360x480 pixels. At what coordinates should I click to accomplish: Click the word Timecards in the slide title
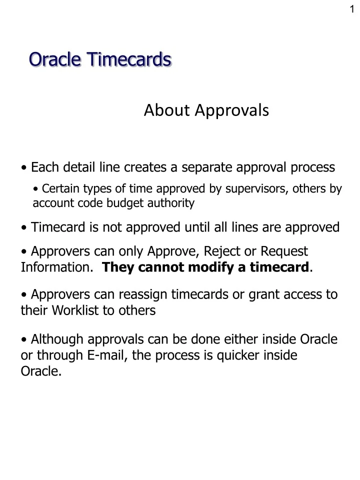coord(128,59)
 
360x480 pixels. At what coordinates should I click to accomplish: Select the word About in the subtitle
coord(167,110)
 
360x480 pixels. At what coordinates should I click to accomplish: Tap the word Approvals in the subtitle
coord(232,110)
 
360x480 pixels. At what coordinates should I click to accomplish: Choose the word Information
coord(56,267)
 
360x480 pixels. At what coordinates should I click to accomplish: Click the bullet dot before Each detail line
coord(24,167)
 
